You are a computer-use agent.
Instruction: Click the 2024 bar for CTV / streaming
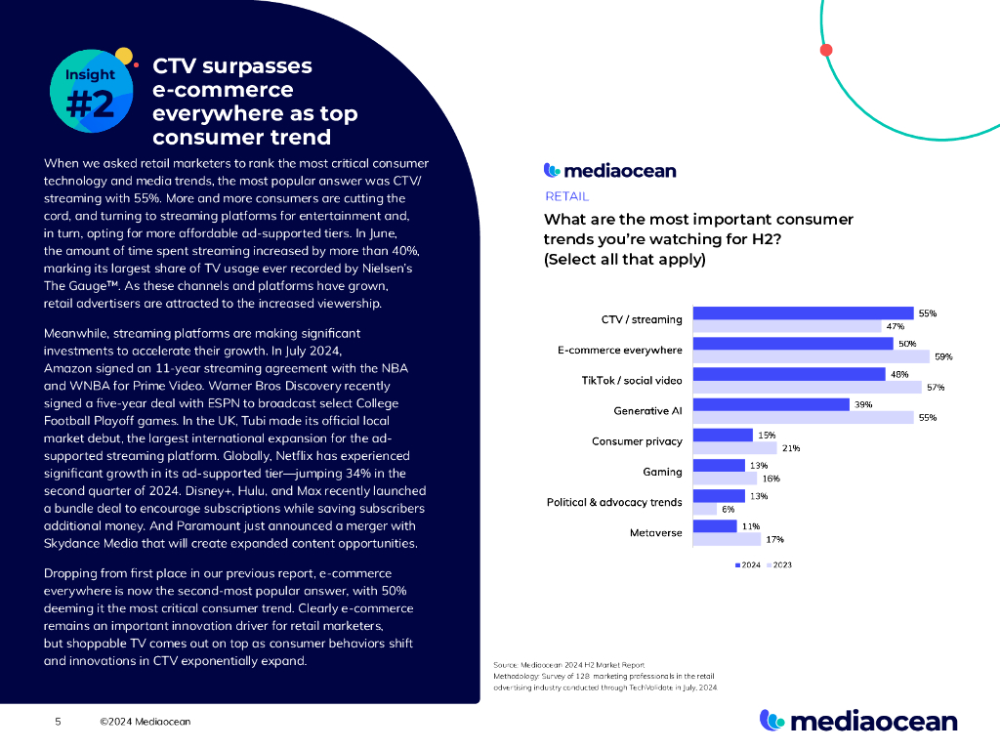point(803,313)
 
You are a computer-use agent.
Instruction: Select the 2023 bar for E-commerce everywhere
point(811,356)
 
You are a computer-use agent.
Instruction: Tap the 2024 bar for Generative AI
point(771,404)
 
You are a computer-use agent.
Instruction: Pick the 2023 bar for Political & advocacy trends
point(704,509)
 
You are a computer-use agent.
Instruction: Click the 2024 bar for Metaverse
point(715,526)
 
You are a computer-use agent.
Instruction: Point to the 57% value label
point(935,387)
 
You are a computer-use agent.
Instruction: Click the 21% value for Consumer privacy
point(790,448)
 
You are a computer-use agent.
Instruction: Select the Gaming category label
point(662,472)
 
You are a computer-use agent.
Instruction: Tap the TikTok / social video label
point(632,380)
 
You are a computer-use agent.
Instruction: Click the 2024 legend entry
point(747,565)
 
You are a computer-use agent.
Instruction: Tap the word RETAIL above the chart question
point(566,196)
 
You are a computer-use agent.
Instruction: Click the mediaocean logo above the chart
point(609,171)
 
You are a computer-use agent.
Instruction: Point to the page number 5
point(58,722)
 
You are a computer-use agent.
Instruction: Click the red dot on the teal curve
point(826,50)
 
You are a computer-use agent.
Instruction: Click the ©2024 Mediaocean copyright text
point(145,722)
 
